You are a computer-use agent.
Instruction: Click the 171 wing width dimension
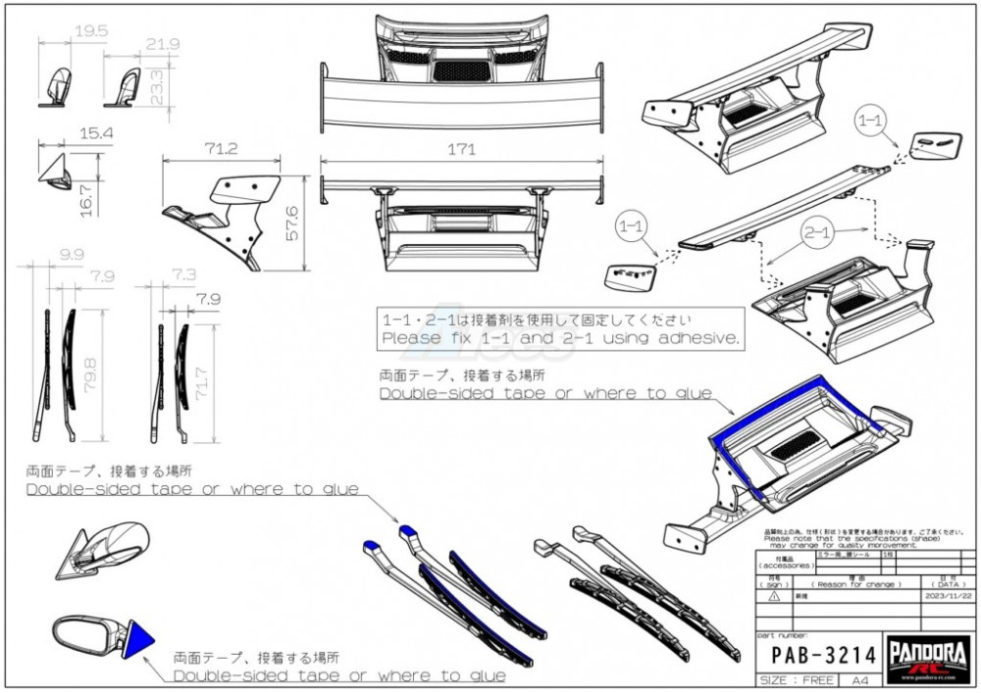[460, 150]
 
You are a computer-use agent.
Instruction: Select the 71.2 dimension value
[223, 148]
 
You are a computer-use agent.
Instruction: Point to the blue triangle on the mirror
[139, 637]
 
